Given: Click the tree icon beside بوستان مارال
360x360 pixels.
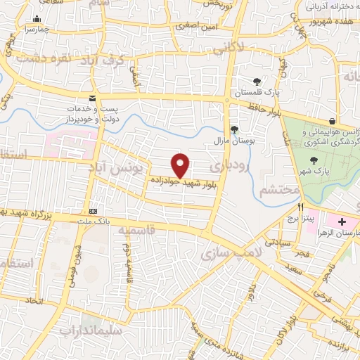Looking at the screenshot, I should pyautogui.click(x=234, y=129).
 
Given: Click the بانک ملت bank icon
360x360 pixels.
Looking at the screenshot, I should pyautogui.click(x=92, y=211).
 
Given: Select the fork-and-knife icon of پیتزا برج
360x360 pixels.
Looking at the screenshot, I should pyautogui.click(x=300, y=207).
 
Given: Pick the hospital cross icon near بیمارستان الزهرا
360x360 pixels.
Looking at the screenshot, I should pyautogui.click(x=342, y=221).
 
